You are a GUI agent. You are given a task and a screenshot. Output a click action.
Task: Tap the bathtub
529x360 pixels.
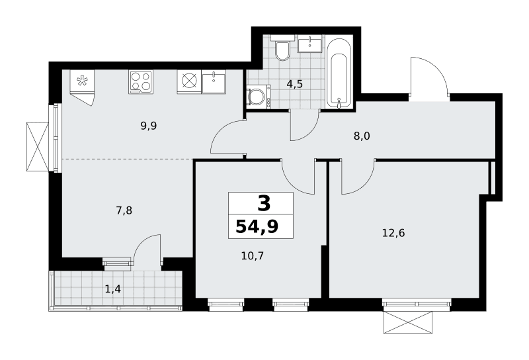(x=339, y=73)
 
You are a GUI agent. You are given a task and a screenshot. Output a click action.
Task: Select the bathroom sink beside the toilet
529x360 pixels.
(x=310, y=44)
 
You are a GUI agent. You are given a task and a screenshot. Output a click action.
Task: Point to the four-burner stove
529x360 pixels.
(x=141, y=81)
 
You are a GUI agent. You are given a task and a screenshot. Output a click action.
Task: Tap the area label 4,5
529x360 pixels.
(x=294, y=84)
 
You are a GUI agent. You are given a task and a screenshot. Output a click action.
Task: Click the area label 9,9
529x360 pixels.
(x=149, y=126)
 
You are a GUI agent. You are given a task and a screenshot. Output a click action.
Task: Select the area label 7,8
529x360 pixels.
(x=124, y=210)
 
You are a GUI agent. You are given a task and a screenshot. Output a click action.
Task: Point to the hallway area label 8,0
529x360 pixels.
(x=362, y=136)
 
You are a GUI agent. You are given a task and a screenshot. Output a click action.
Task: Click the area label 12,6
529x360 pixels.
(x=393, y=233)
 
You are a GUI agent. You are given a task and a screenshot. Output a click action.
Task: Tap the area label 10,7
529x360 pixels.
(x=253, y=255)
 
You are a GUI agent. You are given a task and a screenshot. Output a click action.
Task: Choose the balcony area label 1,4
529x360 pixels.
(x=113, y=289)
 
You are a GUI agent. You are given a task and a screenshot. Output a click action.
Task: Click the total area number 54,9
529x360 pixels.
(x=257, y=226)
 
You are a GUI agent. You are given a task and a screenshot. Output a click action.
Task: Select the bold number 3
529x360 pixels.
(x=264, y=204)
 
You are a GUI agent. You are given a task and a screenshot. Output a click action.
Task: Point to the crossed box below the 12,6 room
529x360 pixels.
(x=408, y=322)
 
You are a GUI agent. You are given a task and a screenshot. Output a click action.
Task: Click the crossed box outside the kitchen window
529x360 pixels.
(x=38, y=147)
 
